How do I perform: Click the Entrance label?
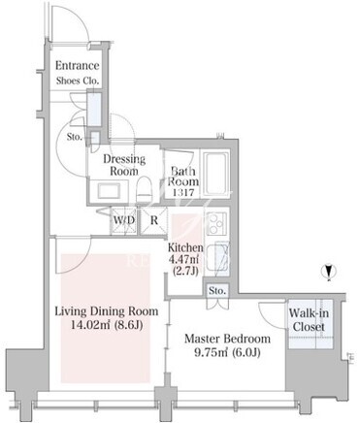[x=77, y=66]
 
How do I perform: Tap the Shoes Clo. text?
[x=78, y=81]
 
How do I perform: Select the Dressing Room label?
[x=124, y=165]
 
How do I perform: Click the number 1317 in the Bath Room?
[x=183, y=193]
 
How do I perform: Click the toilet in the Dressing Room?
[x=145, y=189]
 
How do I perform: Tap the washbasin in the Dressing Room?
[x=109, y=191]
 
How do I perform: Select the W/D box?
[x=124, y=220]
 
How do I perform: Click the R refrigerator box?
[x=154, y=220]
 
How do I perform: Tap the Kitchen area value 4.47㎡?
[x=182, y=259]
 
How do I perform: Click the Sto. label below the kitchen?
[x=217, y=291]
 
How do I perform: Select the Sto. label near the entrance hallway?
[x=74, y=137]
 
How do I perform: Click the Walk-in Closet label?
[x=309, y=320]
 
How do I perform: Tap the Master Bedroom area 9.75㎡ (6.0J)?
[x=227, y=352]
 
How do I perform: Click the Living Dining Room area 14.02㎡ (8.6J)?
[x=107, y=325]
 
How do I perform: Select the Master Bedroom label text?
[x=228, y=339]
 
